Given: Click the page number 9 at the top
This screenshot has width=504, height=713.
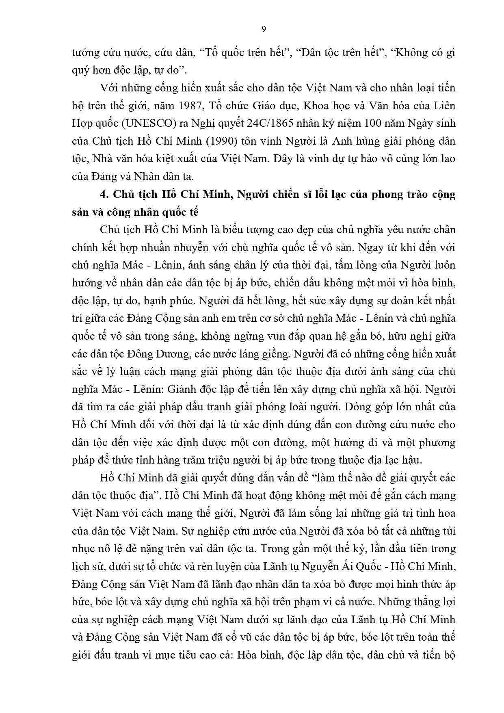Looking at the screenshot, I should [x=264, y=29].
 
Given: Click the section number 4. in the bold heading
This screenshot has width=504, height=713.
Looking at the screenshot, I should [x=104, y=194].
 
